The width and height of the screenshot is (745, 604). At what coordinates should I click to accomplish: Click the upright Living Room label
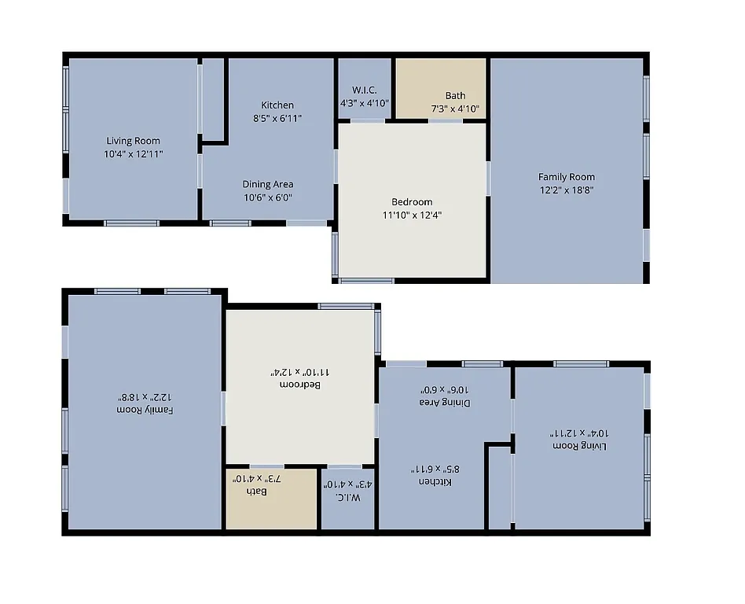133,142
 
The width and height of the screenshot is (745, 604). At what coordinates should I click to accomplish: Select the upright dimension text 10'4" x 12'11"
133,154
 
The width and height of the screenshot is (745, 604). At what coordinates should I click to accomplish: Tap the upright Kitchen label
277,105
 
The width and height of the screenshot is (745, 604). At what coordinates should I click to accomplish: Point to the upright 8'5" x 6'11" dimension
277,118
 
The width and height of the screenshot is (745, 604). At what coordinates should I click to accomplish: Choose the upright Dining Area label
267,185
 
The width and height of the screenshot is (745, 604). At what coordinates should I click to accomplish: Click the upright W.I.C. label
364,90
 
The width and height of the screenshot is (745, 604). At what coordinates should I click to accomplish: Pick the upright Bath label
455,96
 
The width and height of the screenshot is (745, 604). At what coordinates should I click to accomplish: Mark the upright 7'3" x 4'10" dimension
455,109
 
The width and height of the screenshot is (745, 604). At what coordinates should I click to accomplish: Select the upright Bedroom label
412,202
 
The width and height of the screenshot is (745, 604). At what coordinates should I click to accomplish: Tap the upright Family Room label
566,177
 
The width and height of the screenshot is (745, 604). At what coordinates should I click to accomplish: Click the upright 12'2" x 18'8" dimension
566,190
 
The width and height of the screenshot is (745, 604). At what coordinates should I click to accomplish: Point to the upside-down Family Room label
145,410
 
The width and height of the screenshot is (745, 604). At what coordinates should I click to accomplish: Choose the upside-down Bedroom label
299,385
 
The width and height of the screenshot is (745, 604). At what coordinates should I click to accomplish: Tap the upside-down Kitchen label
434,481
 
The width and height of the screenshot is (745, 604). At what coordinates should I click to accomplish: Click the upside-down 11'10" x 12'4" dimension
299,372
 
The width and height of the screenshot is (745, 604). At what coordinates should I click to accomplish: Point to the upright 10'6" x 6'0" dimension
267,197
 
